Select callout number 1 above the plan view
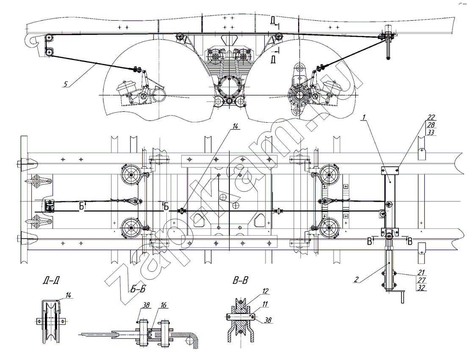point(364,117)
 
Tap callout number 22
point(431,117)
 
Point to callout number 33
point(431,132)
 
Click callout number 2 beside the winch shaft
point(356,279)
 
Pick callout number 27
point(422,280)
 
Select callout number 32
point(422,288)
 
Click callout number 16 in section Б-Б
point(164,305)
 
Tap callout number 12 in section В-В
point(265,291)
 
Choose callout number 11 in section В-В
point(265,304)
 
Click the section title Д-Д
point(50,280)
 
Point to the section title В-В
point(240,280)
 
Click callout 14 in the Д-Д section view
point(69,295)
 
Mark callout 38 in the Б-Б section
point(146,305)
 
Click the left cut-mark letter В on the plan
point(370,241)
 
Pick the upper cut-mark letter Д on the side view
point(273,20)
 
